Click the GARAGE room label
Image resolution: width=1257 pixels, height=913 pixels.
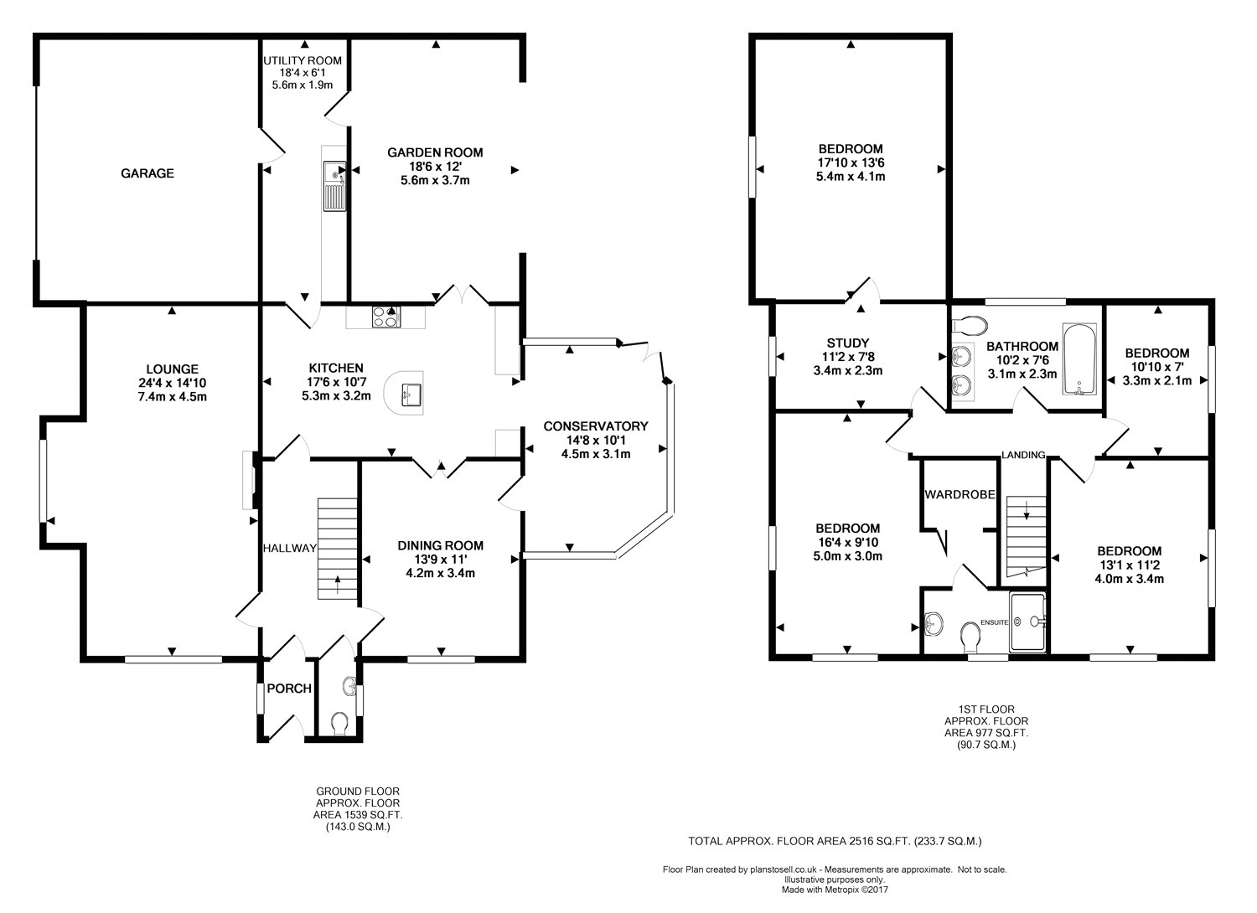coord(147,173)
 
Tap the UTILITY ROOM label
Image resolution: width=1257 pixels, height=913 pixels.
coord(303,60)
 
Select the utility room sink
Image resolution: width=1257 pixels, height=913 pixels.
coord(334,186)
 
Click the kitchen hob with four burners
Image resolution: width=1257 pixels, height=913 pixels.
coord(386,317)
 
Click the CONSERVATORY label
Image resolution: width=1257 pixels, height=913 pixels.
coord(595,426)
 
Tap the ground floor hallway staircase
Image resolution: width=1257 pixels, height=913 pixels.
coord(338,549)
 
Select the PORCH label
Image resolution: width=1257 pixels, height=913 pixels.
coord(289,689)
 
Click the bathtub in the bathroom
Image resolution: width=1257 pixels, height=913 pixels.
coord(1079,359)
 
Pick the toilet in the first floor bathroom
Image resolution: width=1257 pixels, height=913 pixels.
coord(970,325)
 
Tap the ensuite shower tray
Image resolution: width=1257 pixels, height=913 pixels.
coord(1028,622)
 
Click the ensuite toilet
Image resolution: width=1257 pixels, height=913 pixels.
coord(970,637)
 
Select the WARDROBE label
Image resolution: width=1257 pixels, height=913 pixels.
coord(960,495)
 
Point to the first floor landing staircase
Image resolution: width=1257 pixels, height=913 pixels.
coord(1027,536)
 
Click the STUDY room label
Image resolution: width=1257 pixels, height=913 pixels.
coord(848,343)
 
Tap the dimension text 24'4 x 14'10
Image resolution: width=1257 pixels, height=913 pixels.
coord(173,383)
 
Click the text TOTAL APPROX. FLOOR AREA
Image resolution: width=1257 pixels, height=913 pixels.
coord(770,841)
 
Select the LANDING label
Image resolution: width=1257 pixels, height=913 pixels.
coord(1023,455)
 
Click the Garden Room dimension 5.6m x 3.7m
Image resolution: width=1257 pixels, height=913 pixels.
coord(436,181)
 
